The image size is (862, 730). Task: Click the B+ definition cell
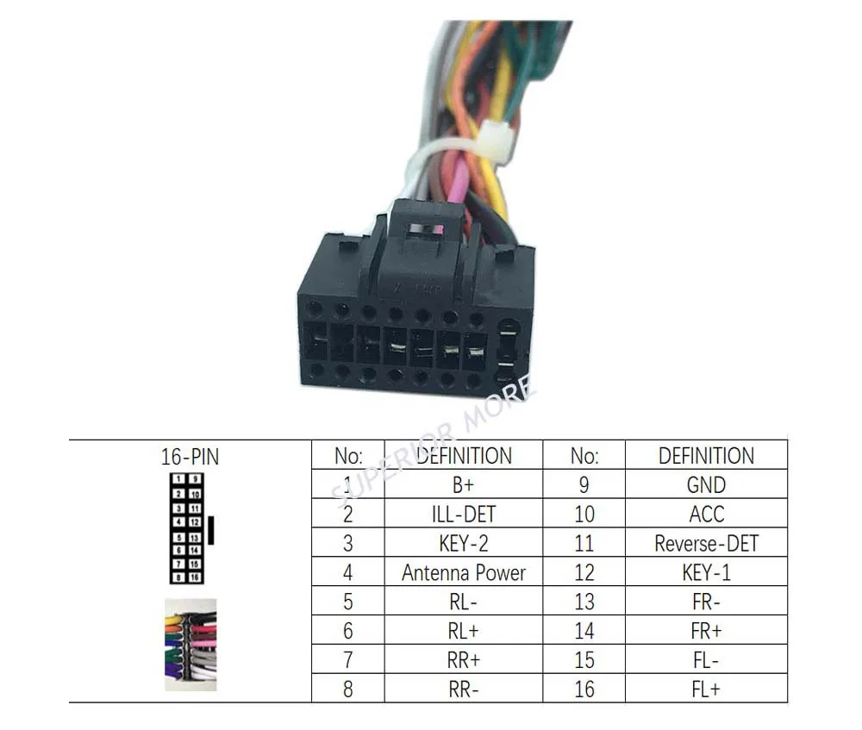463,484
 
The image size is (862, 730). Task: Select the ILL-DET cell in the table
463,515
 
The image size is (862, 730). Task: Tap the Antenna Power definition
463,572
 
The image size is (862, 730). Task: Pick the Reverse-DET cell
706,543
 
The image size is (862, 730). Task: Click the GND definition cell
706,484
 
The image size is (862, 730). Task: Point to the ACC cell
706,515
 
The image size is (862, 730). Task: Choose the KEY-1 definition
706,572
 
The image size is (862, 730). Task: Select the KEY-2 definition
463,543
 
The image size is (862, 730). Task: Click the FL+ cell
706,689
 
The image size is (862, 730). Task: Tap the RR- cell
463,689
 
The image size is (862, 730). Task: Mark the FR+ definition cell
706,631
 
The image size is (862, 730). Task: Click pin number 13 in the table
584,602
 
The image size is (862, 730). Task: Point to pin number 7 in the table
347,660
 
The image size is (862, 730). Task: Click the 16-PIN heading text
190,457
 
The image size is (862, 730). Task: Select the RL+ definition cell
463,631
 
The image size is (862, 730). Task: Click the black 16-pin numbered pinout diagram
187,527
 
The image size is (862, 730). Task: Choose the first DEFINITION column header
463,456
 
